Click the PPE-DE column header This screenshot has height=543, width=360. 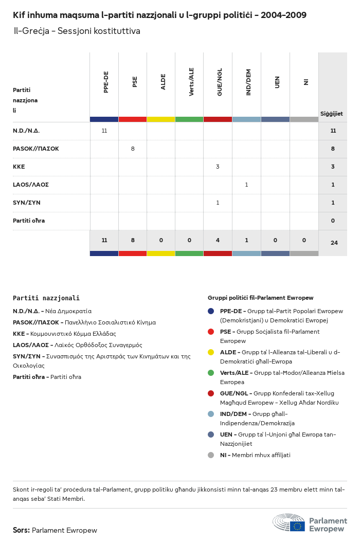pos(106,82)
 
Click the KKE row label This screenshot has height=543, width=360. pos(19,167)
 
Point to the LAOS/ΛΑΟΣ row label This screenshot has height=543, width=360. pos(31,185)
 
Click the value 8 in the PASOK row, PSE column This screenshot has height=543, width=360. pos(133,149)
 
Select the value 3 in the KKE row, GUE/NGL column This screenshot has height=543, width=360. pos(218,167)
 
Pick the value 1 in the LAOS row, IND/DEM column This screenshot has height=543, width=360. pos(246,185)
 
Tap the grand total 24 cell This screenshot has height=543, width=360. pos(334,243)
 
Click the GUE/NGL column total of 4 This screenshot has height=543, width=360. pos(218,240)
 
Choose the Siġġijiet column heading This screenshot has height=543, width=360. pos(332,114)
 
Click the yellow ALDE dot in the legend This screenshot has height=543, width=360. pos(211,352)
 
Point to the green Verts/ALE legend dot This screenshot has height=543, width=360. pos(211,373)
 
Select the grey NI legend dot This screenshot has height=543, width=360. pos(211,455)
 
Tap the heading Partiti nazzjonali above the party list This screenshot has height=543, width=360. pos(46,298)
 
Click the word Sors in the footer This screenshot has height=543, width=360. pos(21,530)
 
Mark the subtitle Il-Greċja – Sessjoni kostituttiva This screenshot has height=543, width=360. pos(77,31)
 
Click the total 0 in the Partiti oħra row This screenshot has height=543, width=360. pos(333,221)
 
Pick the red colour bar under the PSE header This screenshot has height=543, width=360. pos(133,119)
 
